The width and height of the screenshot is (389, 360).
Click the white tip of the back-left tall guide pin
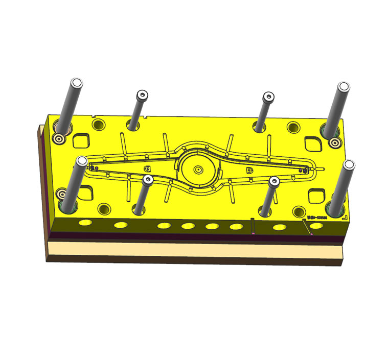click(77, 83)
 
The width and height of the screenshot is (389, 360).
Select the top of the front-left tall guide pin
click(81, 161)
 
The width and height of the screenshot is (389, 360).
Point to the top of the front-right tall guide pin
click(349, 164)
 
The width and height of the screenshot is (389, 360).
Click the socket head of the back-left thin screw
click(142, 95)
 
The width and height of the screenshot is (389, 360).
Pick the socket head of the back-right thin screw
click(268, 96)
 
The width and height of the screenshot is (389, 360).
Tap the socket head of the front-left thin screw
click(148, 179)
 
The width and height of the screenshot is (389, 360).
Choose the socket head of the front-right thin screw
click(273, 181)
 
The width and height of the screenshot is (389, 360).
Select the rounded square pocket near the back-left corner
click(81, 140)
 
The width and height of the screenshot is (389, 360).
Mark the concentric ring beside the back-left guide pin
click(61, 138)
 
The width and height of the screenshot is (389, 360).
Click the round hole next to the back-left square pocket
click(99, 124)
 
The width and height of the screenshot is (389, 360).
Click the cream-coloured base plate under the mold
click(194, 250)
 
